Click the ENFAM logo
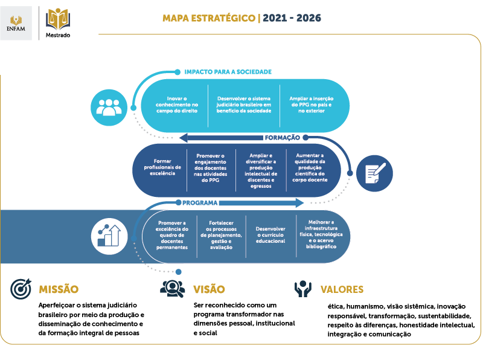click(16, 23)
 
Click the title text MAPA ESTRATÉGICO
click(209, 18)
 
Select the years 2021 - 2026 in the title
click(292, 18)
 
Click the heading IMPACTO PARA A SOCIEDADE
click(228, 72)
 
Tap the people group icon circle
click(109, 108)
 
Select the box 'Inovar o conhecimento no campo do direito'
click(177, 104)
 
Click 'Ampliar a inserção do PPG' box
click(311, 104)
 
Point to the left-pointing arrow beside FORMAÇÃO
click(221, 138)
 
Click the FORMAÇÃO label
click(282, 138)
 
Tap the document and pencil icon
click(374, 173)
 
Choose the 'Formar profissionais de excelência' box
click(162, 167)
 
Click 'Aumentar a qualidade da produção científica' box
click(310, 168)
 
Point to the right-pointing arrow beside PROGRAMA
click(261, 203)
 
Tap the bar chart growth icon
click(109, 236)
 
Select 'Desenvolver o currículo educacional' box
click(270, 235)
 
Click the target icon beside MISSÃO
click(21, 289)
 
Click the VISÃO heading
click(209, 289)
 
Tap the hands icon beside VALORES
click(303, 289)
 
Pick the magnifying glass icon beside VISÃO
click(173, 289)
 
